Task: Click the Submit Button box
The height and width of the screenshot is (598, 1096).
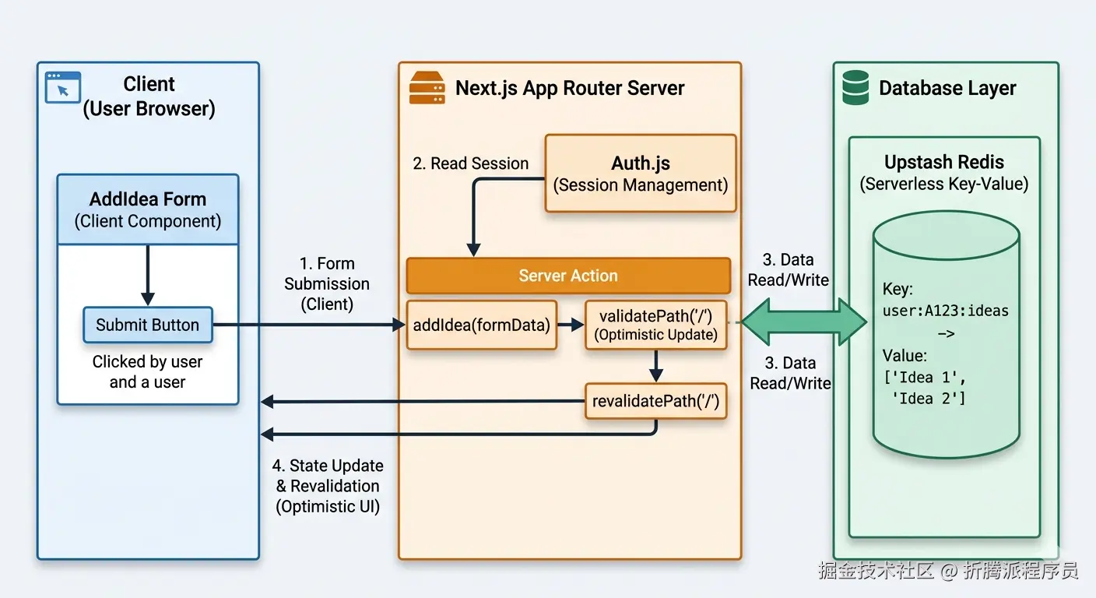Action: pos(148,325)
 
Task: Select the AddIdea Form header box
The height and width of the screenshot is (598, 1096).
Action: pos(148,209)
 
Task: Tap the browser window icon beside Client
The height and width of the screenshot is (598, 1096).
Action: pos(63,87)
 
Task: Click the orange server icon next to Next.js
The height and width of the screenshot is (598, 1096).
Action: pos(427,88)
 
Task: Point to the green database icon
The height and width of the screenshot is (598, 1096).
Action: pos(855,88)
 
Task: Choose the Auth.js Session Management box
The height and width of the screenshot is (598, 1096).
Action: pos(640,174)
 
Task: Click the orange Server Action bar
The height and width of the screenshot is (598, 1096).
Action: pos(568,276)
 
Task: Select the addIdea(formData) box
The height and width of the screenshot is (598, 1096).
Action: pos(481,325)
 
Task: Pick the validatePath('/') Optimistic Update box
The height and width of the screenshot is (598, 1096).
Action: pos(655,325)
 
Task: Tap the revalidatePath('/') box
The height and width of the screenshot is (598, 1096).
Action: pos(655,401)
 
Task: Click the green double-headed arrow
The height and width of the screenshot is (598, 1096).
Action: pos(803,321)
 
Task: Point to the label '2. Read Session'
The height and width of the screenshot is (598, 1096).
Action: pos(470,164)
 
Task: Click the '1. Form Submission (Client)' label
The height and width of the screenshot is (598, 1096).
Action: pos(327,283)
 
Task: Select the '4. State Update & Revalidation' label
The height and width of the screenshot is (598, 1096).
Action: pos(328,486)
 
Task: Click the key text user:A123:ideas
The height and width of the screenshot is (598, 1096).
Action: pos(945,311)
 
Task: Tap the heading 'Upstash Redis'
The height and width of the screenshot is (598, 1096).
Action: pos(943,163)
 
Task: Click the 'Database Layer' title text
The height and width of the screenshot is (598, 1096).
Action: pos(947,88)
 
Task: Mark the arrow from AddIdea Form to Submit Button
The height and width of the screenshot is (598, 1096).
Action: pos(148,276)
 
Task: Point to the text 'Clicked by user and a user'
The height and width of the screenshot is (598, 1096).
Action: pos(148,371)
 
